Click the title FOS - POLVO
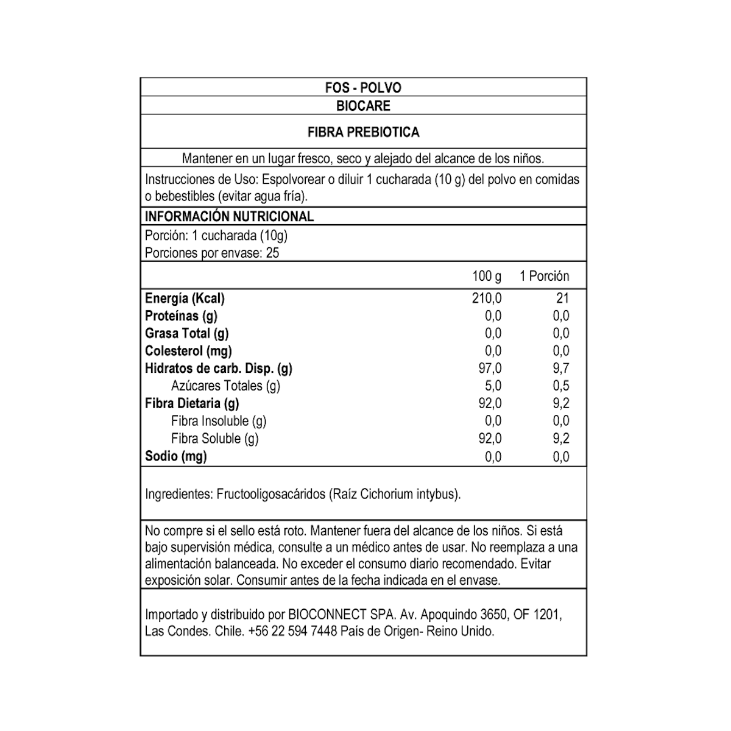pyautogui.click(x=363, y=88)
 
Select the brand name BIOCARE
pyautogui.click(x=363, y=106)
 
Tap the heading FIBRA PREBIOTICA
pyautogui.click(x=363, y=132)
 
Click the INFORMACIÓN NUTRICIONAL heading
pyautogui.click(x=229, y=216)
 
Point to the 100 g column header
pyautogui.click(x=487, y=276)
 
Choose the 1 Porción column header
pyautogui.click(x=544, y=276)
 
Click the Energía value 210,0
pyautogui.click(x=487, y=298)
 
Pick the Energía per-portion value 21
pyautogui.click(x=562, y=298)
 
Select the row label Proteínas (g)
pyautogui.click(x=181, y=316)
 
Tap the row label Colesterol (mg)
pyautogui.click(x=188, y=351)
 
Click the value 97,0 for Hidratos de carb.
pyautogui.click(x=490, y=369)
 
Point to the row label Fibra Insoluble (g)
pyautogui.click(x=219, y=421)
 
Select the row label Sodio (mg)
pyautogui.click(x=175, y=456)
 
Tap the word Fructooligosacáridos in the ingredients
pyautogui.click(x=271, y=494)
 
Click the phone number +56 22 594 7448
pyautogui.click(x=292, y=632)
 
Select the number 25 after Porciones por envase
pyautogui.click(x=273, y=253)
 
